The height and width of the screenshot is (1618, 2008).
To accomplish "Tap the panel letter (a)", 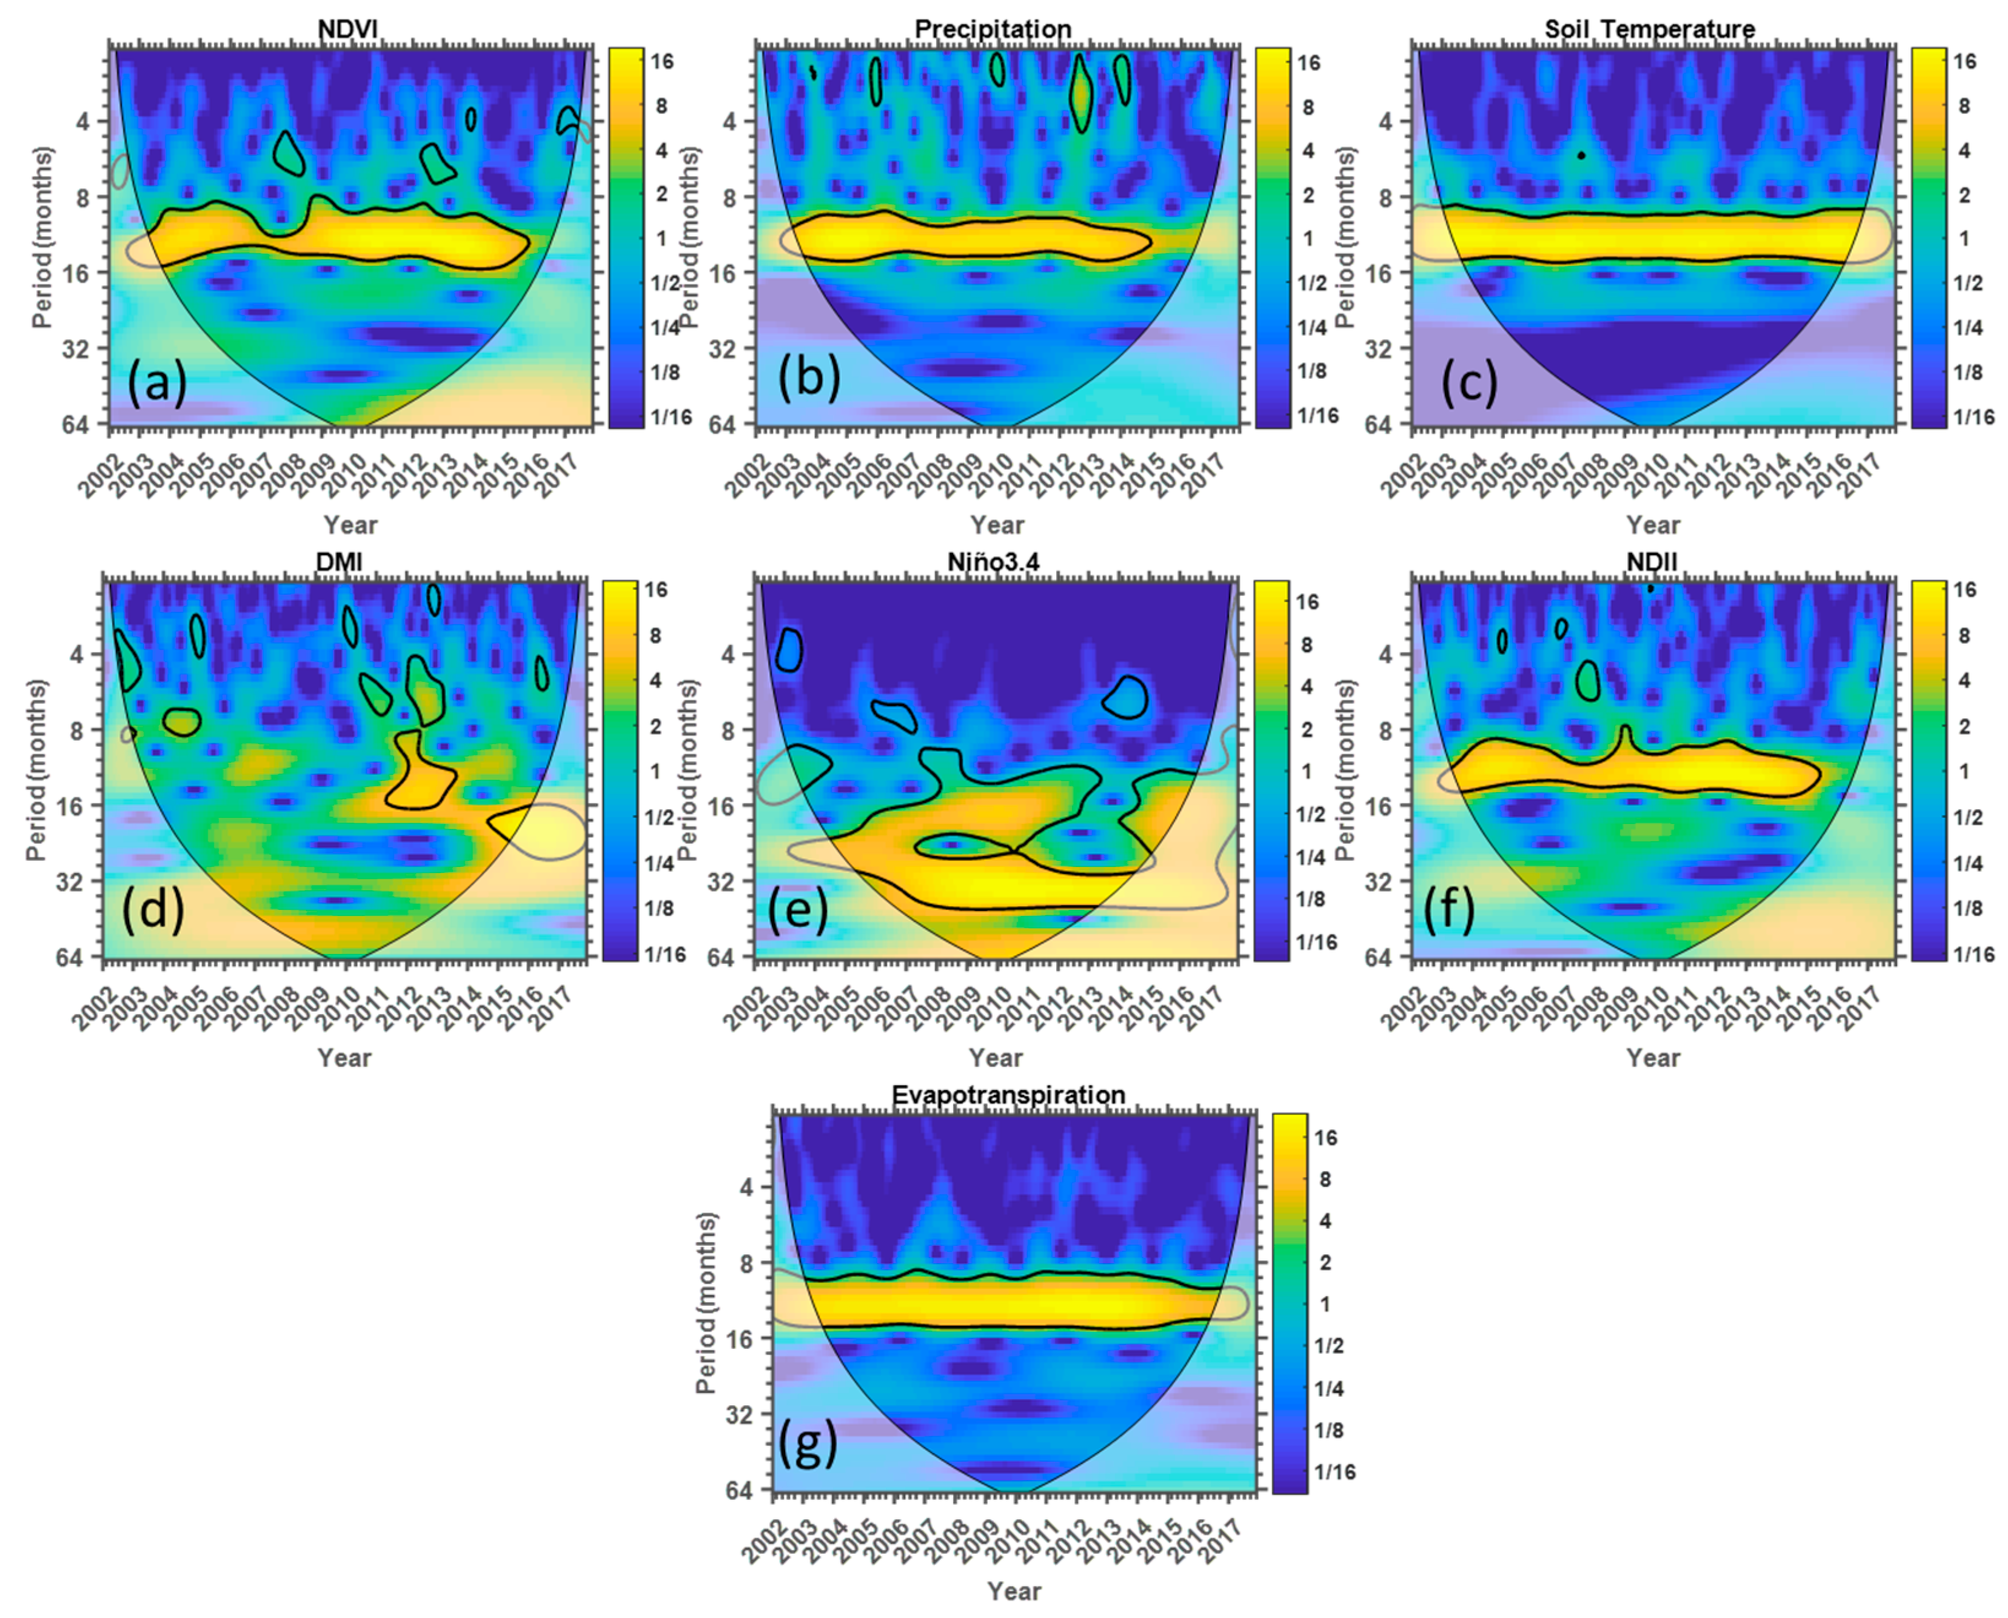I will coord(156,382).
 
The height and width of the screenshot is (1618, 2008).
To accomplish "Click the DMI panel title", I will coord(339,562).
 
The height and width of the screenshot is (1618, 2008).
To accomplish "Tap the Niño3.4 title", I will coord(994,562).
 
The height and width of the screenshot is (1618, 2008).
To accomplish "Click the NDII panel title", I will coord(1651,562).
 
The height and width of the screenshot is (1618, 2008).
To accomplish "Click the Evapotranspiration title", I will coord(1008,1094).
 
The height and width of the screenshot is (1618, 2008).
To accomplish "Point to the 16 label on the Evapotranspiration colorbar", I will coord(1325,1137).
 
